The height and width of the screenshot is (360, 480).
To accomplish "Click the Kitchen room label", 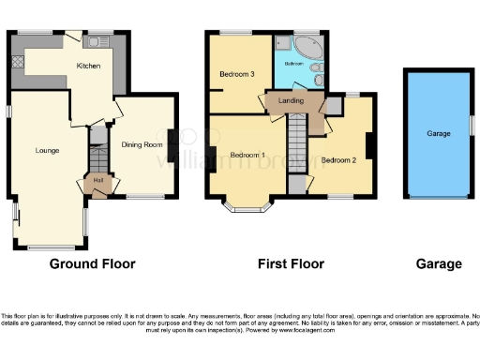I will [x=88, y=66].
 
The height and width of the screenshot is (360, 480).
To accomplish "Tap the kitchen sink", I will [x=97, y=42].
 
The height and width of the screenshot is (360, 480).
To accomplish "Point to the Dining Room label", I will [x=142, y=144].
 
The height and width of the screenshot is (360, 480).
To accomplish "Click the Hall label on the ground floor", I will [x=97, y=180].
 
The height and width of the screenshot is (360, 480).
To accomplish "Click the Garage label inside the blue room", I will [x=439, y=134].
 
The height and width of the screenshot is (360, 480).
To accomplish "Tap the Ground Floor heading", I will [x=92, y=264].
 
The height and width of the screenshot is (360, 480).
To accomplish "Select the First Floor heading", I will [x=291, y=264].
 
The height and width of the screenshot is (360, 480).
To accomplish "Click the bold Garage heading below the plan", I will [x=439, y=264].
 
